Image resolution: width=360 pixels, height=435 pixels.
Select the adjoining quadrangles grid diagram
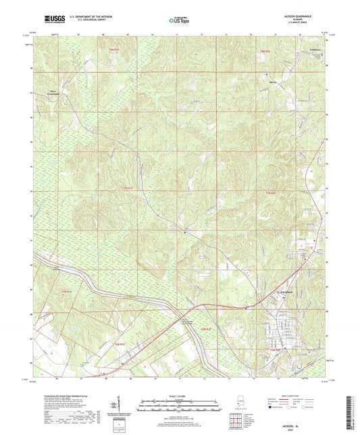pyautogui.click(x=235, y=424)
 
